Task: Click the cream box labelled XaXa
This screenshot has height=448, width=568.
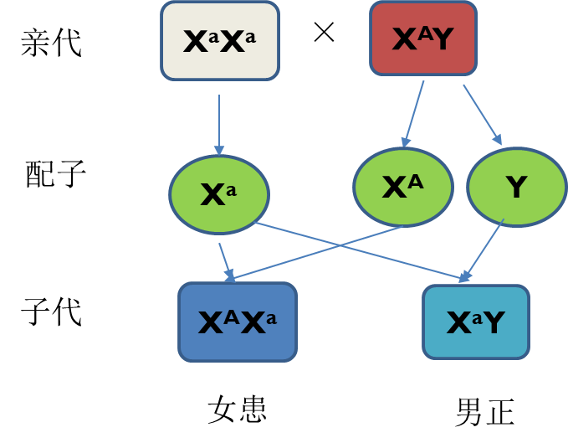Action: click(219, 41)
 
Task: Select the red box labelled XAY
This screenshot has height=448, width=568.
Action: click(423, 39)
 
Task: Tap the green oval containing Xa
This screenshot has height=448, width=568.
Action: click(219, 194)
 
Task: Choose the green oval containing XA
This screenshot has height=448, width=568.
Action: click(402, 188)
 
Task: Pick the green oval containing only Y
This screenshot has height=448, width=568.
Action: click(516, 188)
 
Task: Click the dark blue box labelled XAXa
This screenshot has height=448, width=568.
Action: click(238, 322)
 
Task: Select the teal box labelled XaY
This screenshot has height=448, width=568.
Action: click(476, 322)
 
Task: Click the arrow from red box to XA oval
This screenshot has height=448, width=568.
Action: click(413, 114)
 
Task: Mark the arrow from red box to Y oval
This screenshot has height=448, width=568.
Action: click(482, 114)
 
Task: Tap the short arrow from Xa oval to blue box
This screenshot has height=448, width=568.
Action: click(225, 260)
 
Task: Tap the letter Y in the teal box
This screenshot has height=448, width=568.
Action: click(493, 323)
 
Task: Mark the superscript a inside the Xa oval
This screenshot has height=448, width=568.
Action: click(232, 190)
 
